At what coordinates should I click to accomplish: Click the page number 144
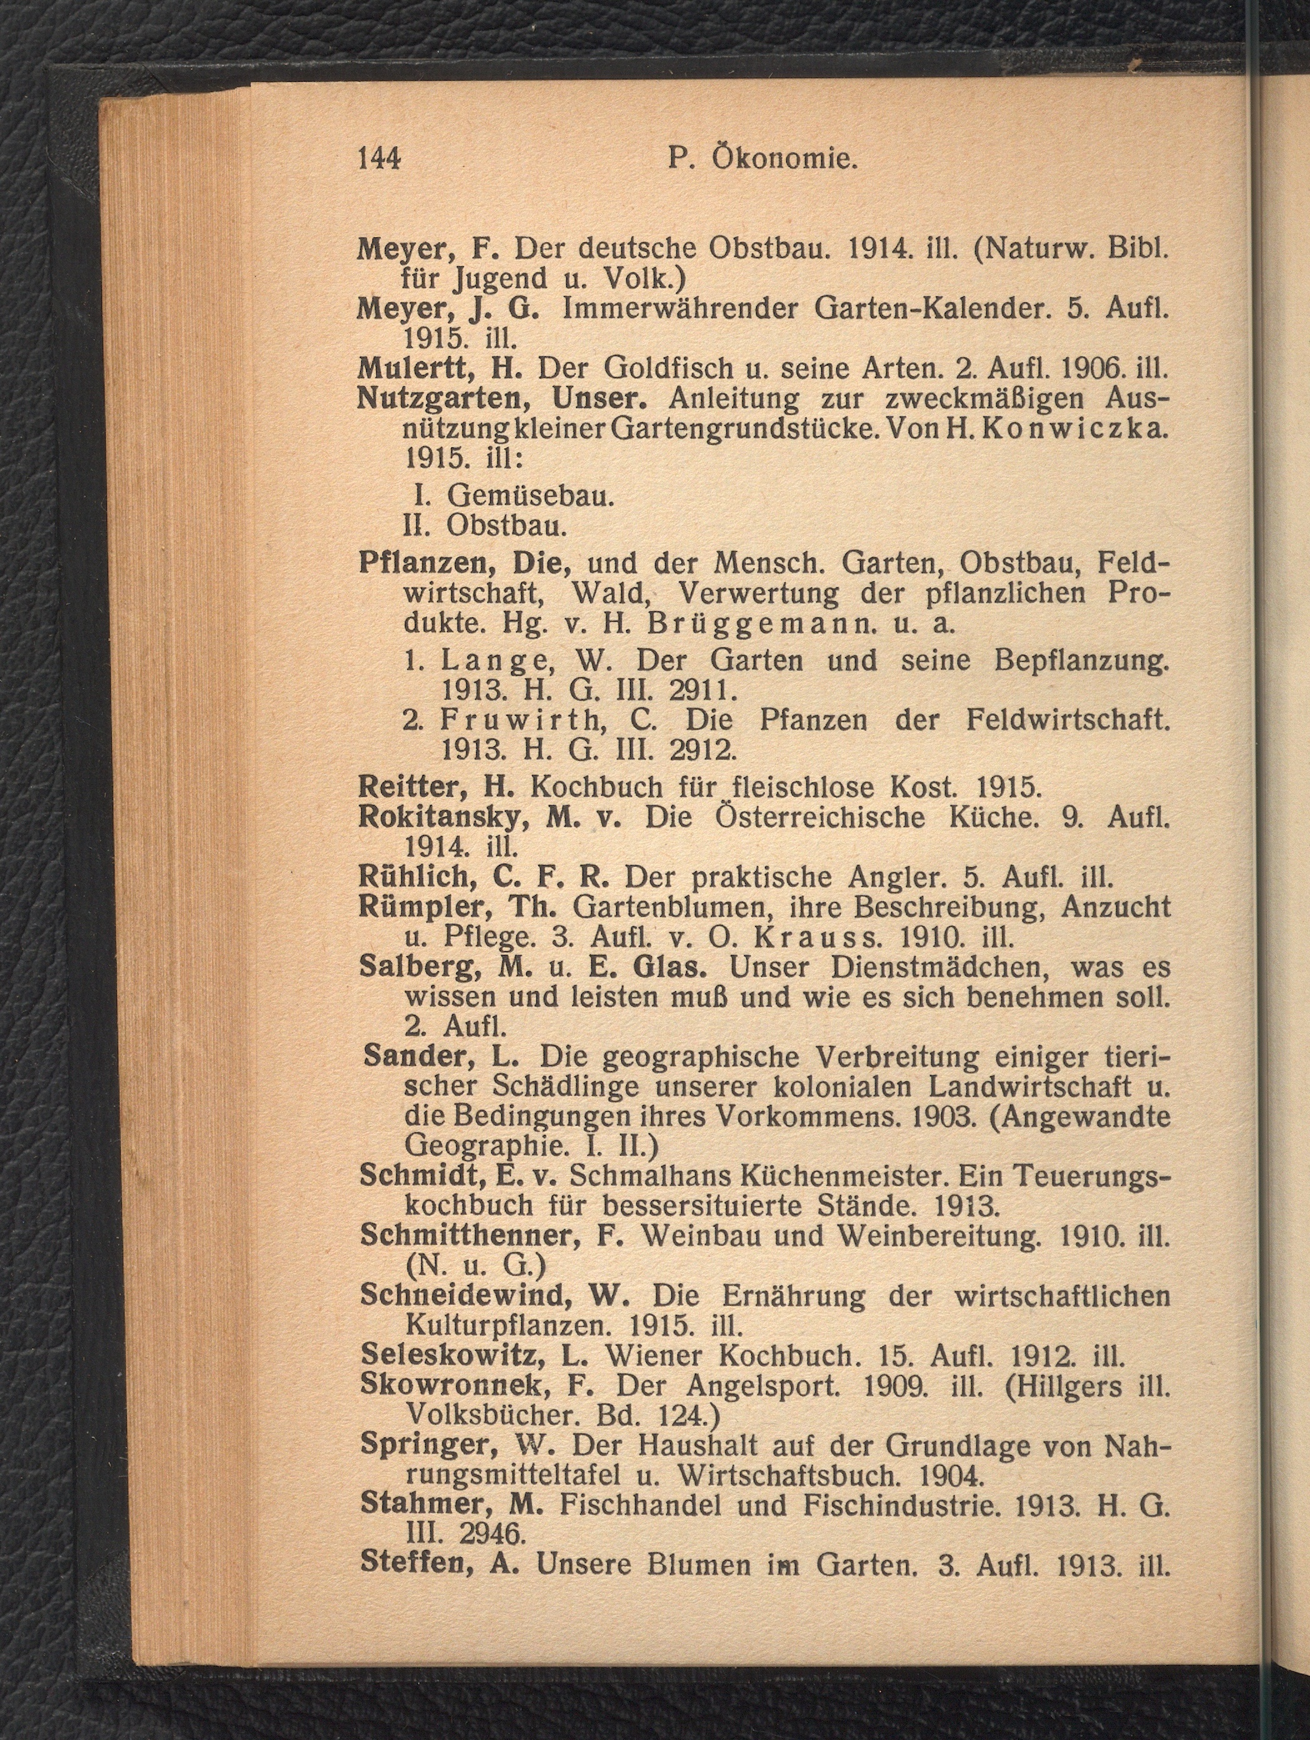pyautogui.click(x=379, y=159)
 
